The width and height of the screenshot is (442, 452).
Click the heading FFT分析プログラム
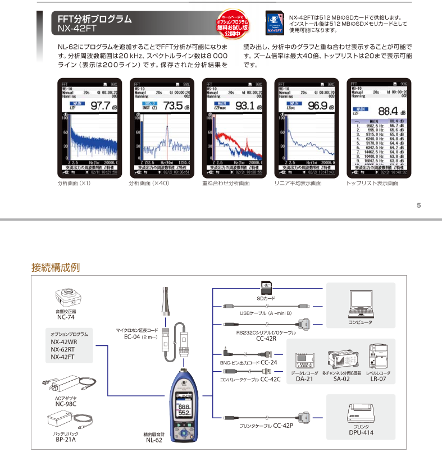tap(94, 19)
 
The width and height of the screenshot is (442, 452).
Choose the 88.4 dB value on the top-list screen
tap(388, 111)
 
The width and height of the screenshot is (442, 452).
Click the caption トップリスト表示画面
tap(372, 183)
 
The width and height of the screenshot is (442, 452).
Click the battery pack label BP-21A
tap(66, 439)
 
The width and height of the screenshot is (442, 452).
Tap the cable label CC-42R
tap(267, 339)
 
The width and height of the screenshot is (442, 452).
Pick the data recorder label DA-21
tap(304, 379)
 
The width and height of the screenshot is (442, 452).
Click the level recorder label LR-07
tap(378, 379)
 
